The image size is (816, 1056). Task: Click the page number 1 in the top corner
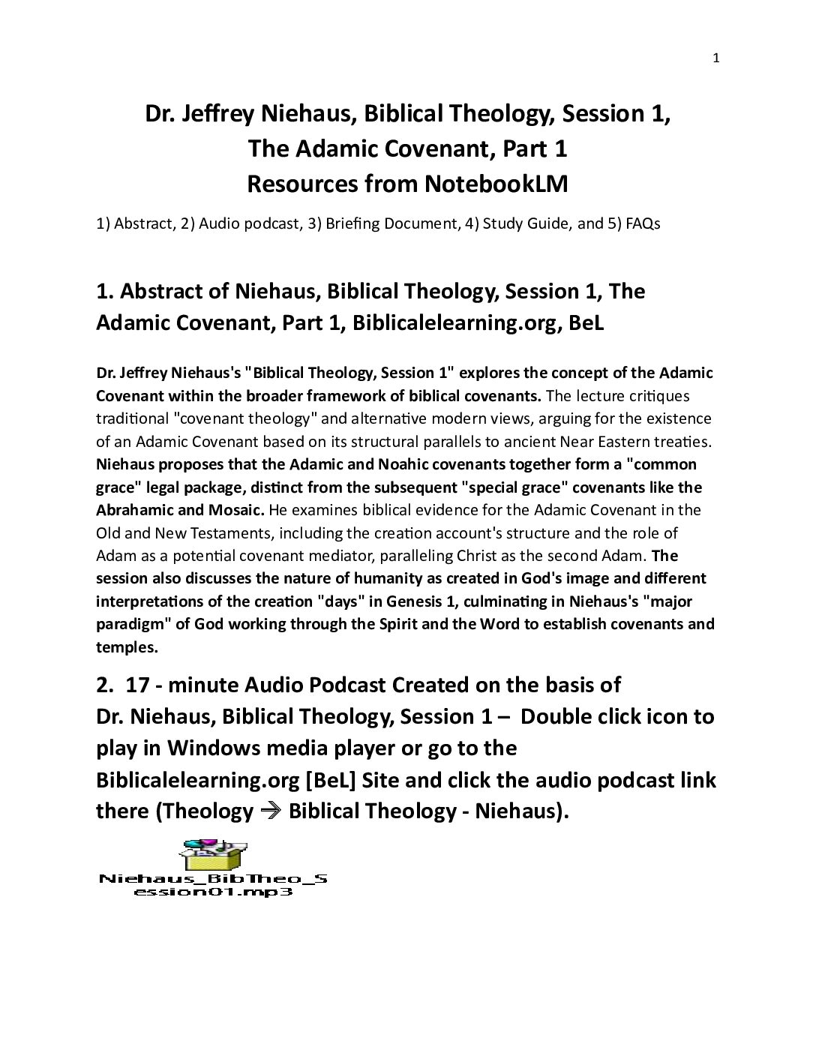point(715,58)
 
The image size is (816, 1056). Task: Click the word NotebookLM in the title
point(496,184)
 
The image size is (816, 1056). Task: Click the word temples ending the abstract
point(125,647)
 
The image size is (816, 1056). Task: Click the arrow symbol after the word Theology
point(270,811)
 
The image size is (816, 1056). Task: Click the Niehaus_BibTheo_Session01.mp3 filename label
point(213,885)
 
